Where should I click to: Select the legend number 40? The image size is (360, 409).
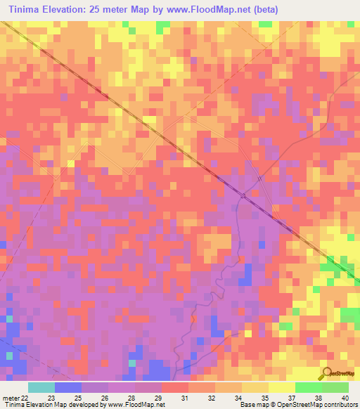(345, 398)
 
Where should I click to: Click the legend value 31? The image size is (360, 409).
(184, 398)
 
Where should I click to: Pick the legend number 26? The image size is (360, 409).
(103, 398)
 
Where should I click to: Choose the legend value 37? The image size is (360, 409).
(290, 398)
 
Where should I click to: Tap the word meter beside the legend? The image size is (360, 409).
(9, 398)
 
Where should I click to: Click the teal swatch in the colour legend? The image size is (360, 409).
(41, 387)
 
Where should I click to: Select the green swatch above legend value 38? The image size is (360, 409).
(308, 387)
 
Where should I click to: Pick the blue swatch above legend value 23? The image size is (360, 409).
(67, 387)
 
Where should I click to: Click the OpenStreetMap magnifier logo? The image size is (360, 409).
(327, 373)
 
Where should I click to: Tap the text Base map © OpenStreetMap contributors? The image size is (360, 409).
(297, 405)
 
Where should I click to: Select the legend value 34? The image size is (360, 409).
(237, 398)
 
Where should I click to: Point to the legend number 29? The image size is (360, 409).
(157, 398)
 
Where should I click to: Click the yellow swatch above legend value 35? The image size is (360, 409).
(255, 387)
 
